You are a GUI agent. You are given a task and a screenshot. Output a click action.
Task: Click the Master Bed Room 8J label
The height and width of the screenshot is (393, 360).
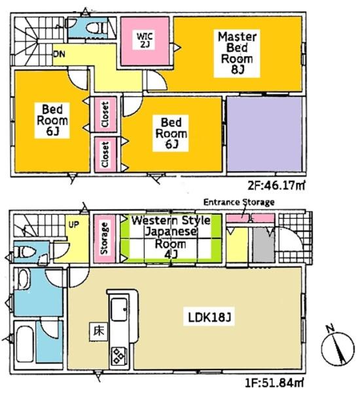tap(237, 53)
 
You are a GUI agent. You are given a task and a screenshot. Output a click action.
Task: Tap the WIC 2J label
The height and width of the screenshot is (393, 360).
tap(145, 40)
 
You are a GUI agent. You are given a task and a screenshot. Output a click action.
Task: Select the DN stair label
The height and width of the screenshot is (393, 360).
tap(59, 54)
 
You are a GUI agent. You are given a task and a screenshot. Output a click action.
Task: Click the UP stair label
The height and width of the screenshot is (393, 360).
tap(74, 225)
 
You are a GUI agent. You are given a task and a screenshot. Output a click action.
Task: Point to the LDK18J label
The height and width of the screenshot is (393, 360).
tap(209, 318)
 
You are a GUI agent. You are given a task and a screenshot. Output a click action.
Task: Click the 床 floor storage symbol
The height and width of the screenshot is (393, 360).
tap(98, 331)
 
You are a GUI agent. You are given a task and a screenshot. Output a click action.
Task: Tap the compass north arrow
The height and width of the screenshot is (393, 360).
tap(338, 345)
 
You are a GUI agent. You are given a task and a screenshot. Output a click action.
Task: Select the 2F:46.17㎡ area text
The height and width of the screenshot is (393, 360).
tap(276, 186)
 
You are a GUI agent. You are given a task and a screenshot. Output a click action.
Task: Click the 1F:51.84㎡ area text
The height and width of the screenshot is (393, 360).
tap(274, 383)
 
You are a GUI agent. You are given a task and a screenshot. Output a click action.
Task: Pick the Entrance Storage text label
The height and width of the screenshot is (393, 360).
tap(239, 202)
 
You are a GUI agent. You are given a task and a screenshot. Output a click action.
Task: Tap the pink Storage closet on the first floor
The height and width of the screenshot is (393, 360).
tap(105, 238)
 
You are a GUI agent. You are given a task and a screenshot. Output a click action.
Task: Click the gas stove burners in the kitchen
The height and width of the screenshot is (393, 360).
tap(118, 356)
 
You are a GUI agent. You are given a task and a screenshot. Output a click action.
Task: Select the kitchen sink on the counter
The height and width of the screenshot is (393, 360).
tap(119, 309)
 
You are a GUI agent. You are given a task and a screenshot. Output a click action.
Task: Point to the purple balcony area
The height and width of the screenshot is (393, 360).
tap(264, 134)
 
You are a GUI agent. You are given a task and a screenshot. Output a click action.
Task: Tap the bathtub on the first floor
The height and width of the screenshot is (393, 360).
tap(25, 344)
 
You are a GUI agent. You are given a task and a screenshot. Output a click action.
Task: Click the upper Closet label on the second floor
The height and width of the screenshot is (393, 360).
tap(105, 114)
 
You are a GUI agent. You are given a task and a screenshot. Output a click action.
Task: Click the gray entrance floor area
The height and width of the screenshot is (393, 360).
tap(263, 245)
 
